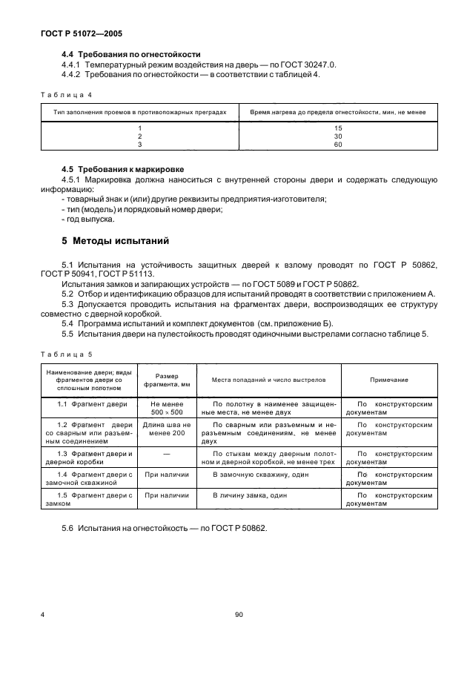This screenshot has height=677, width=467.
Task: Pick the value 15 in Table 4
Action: (338, 128)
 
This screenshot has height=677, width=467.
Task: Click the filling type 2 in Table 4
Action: (139, 136)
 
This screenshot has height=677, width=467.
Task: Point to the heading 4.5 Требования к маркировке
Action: (122, 169)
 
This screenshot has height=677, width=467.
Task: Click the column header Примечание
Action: (389, 379)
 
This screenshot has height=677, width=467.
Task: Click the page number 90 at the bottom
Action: (239, 615)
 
